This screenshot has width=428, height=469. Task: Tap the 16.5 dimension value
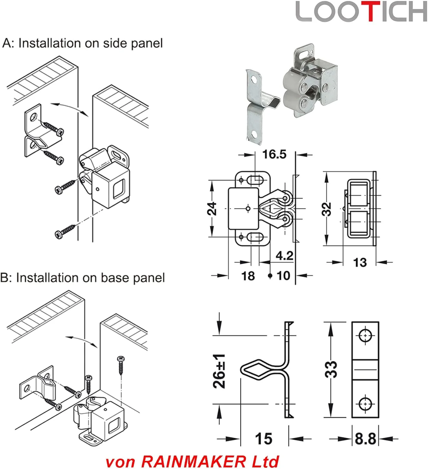click(x=274, y=154)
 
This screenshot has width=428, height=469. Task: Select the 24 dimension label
click(x=212, y=208)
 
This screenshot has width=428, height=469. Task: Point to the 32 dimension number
click(x=326, y=209)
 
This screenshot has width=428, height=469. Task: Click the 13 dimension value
click(x=360, y=262)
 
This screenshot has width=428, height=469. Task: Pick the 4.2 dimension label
click(x=284, y=256)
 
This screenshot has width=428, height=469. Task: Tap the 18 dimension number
click(x=248, y=276)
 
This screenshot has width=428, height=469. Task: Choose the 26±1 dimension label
click(x=219, y=371)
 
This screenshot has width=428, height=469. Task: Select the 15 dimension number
click(x=264, y=439)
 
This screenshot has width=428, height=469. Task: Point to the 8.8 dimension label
click(x=365, y=439)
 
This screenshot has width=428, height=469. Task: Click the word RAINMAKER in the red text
click(x=194, y=461)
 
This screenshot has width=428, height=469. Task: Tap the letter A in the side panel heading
click(x=7, y=43)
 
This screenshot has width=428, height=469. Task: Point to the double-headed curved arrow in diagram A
click(x=70, y=108)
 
